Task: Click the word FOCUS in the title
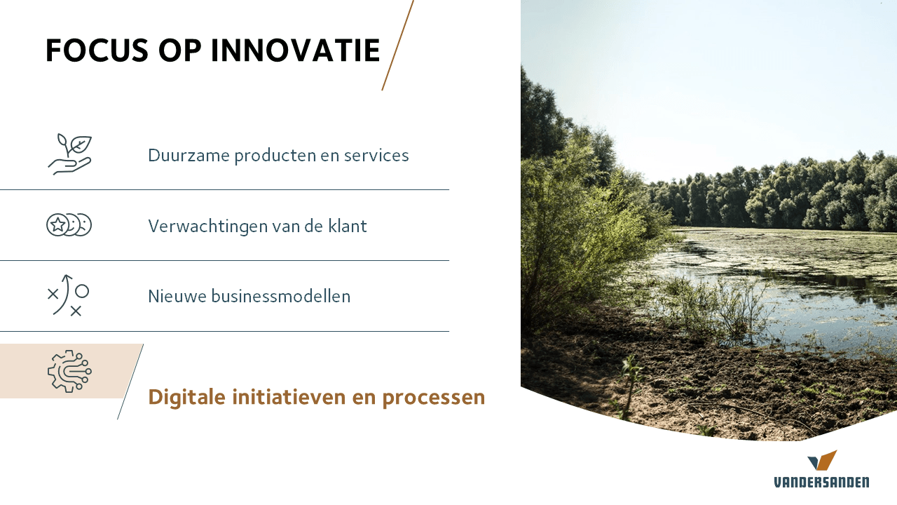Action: [97, 50]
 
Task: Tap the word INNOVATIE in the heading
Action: [296, 50]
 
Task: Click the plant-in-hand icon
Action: [69, 154]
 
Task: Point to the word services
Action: [376, 156]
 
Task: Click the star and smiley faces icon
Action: [69, 225]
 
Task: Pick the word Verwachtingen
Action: [207, 227]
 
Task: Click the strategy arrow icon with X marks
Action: [68, 295]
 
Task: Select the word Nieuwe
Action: [178, 297]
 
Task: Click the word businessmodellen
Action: [281, 297]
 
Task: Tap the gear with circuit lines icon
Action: [69, 371]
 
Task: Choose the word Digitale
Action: [186, 398]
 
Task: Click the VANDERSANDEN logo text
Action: [821, 482]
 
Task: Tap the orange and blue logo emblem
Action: [822, 460]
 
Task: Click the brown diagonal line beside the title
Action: [397, 45]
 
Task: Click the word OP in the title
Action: [180, 50]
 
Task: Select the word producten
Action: [275, 156]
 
